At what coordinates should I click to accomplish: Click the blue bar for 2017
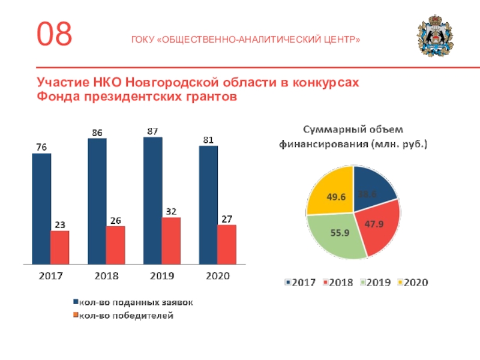(x=41, y=208)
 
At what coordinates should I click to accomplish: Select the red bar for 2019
(x=171, y=241)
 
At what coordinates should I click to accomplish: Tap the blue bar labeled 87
(x=152, y=200)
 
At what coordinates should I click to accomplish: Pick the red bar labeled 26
(x=115, y=245)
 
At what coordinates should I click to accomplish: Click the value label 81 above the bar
(x=208, y=140)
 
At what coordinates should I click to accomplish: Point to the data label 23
(x=60, y=224)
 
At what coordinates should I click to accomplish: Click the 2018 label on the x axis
(x=106, y=277)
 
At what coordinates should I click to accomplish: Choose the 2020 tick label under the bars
(x=217, y=277)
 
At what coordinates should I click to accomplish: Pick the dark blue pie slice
(x=375, y=186)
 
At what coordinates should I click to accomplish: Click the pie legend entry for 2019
(x=377, y=282)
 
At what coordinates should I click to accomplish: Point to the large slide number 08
(x=55, y=34)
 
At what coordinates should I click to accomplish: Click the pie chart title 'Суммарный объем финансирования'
(x=351, y=137)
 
